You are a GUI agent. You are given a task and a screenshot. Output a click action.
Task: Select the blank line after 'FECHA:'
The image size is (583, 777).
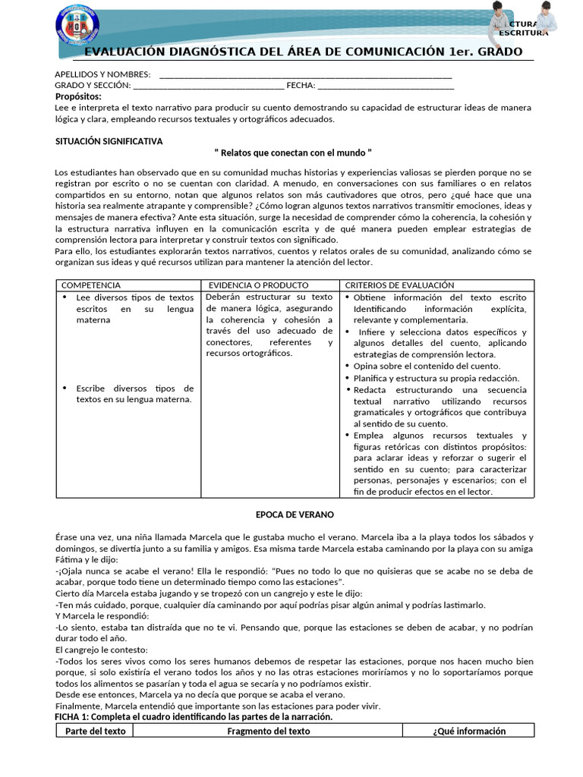tap(390, 86)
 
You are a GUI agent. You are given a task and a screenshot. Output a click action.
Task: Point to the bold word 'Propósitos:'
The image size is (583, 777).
tap(78, 96)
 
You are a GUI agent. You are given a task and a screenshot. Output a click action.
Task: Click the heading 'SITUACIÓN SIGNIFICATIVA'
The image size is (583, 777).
tap(109, 141)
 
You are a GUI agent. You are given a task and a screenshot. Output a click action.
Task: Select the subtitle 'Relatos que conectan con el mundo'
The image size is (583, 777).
tap(293, 153)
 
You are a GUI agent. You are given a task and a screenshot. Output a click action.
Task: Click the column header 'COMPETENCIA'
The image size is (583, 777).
tap(90, 285)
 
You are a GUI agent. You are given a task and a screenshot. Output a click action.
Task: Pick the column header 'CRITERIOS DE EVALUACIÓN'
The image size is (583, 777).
tap(399, 285)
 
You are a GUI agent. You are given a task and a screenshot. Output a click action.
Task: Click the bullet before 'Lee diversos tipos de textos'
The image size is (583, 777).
tap(66, 297)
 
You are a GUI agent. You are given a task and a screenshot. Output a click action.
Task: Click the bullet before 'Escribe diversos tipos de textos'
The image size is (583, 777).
tap(66, 388)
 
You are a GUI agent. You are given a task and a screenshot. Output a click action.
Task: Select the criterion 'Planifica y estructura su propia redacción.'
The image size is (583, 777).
tap(436, 378)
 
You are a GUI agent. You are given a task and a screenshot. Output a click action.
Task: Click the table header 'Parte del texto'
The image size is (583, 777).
tap(96, 731)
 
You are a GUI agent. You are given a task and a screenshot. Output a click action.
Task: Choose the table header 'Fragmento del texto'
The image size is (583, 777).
tap(269, 731)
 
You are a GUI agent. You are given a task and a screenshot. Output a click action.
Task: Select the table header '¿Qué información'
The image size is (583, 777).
tap(468, 731)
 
